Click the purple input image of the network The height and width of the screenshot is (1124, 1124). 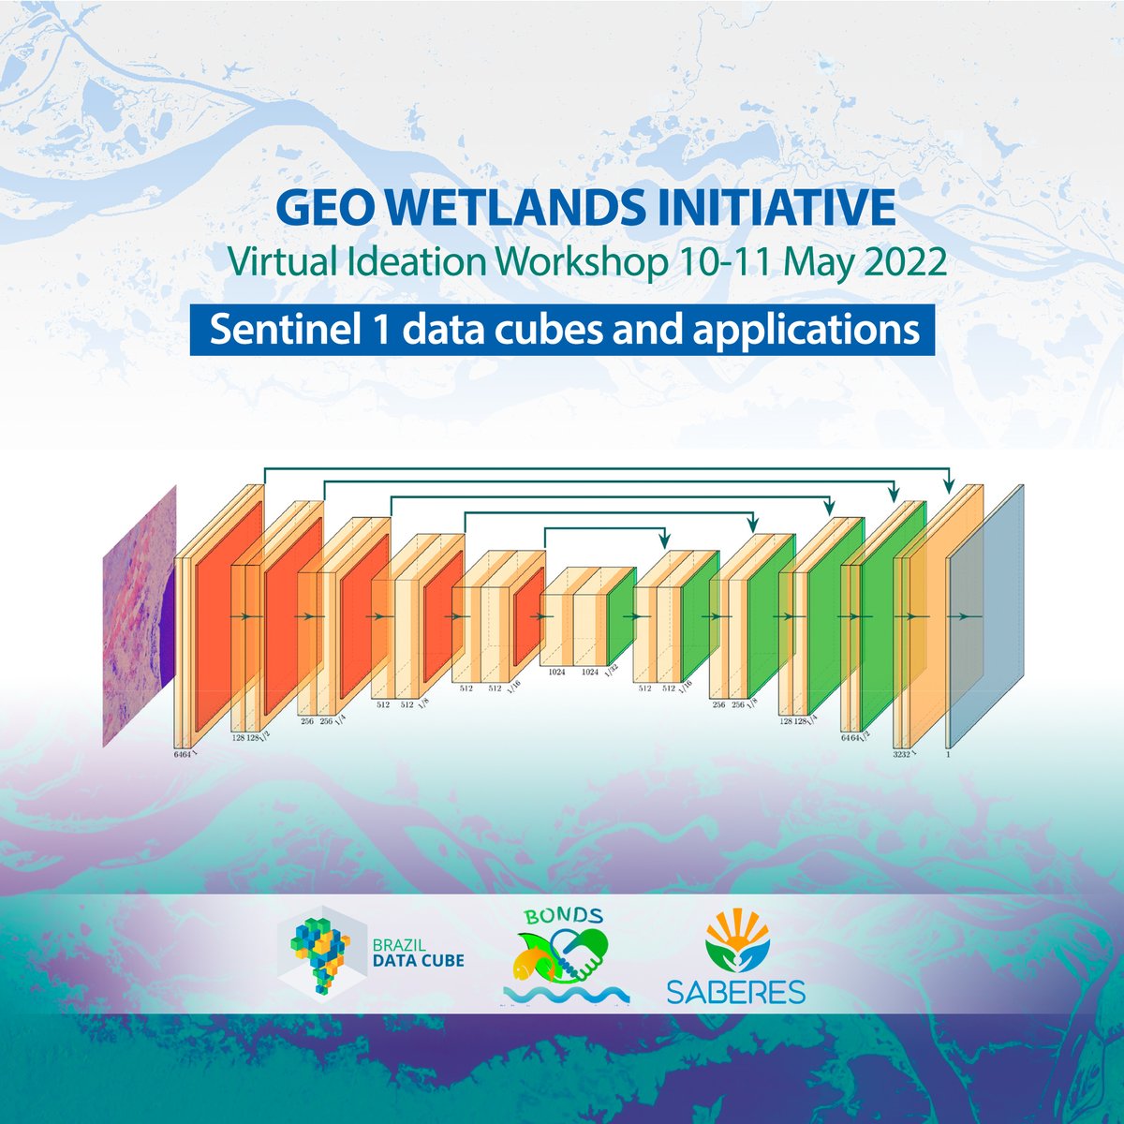(139, 614)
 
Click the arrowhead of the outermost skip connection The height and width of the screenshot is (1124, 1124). (949, 487)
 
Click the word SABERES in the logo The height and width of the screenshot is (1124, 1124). (735, 992)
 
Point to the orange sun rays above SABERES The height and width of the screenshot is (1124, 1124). (734, 928)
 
